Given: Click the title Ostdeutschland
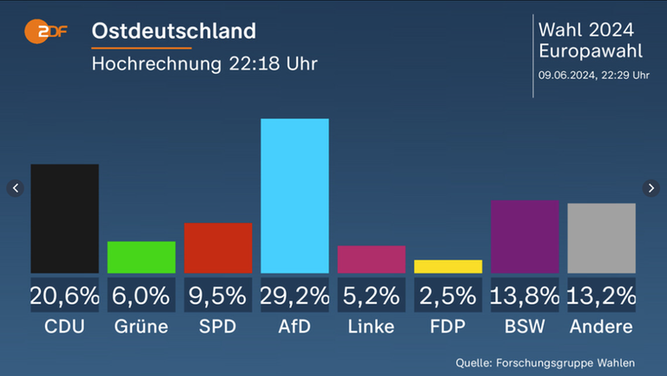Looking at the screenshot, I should point(174,31).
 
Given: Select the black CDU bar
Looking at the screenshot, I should point(64,218).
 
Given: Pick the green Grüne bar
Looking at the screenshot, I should point(141,257).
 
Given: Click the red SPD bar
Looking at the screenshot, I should point(218,247).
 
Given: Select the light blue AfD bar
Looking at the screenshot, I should point(294,195).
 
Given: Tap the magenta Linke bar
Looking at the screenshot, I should point(371,259).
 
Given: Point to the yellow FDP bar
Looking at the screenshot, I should point(448,267).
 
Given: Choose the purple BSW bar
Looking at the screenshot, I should point(525,236).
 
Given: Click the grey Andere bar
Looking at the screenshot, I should point(601,238).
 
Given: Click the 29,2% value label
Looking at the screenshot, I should point(294,295).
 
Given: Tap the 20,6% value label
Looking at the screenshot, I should point(64,295).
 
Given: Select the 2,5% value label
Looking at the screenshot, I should point(448,295).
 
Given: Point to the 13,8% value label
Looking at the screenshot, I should point(525,295).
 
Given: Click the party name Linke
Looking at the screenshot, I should point(371,327).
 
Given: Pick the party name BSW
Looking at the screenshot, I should point(525,327).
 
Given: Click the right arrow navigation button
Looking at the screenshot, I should point(651,188).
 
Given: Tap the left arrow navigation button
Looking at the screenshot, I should point(15,188).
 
